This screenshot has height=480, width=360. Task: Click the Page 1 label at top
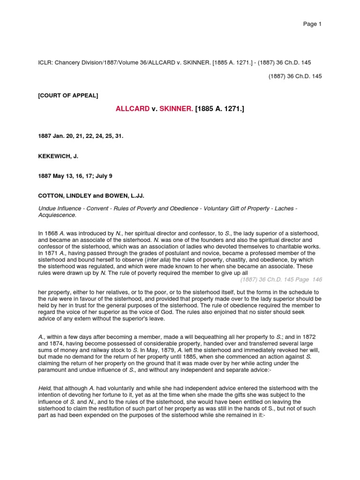coord(312,24)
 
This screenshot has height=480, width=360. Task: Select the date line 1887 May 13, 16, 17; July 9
coord(75,176)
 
